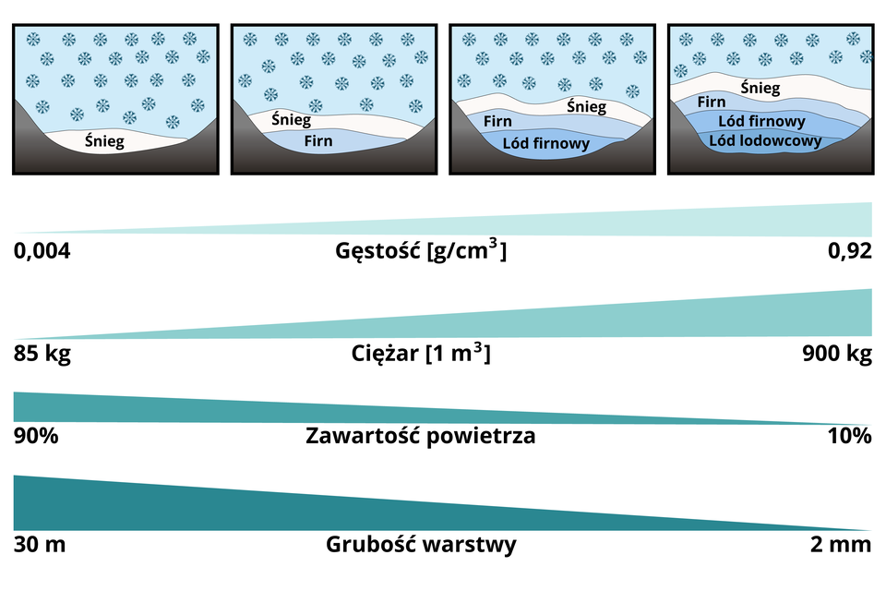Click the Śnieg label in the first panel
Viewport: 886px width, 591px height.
pos(104,141)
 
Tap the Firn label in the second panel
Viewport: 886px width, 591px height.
pos(318,142)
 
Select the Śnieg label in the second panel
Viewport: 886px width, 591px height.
pos(291,120)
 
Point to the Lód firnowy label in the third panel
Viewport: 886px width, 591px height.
pos(546,144)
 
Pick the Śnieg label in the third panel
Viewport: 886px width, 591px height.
pos(586,106)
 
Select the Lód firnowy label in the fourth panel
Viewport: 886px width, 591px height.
pos(768,121)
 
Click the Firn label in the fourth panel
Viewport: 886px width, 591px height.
pos(712,103)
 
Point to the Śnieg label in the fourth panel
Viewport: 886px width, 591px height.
pos(760,89)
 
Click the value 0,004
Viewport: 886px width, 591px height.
pos(42,251)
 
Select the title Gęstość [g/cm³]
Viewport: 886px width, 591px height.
pos(421,250)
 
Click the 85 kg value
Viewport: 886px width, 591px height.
pos(42,354)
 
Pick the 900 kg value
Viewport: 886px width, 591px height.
pos(838,354)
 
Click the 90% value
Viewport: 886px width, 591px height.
pos(37,436)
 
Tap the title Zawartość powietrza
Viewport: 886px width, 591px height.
pos(420,436)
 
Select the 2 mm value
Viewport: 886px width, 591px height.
pos(840,544)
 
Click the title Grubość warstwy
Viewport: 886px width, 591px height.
pos(421,544)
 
